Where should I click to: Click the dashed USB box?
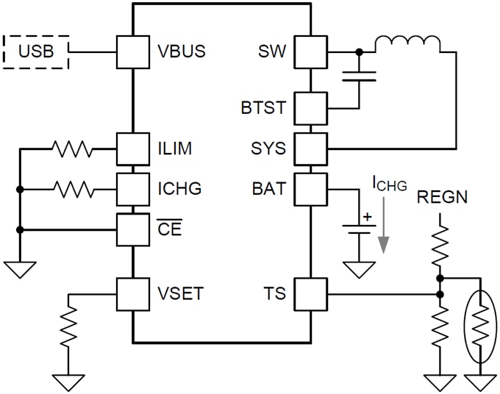(36, 52)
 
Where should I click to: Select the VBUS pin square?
(133, 52)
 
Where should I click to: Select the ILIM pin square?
(133, 149)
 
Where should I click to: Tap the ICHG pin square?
(133, 190)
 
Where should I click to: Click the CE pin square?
(133, 229)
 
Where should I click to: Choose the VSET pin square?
(133, 296)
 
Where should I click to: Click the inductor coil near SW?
(407, 45)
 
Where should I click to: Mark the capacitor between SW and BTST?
(360, 75)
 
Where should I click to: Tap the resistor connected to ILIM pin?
(73, 149)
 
